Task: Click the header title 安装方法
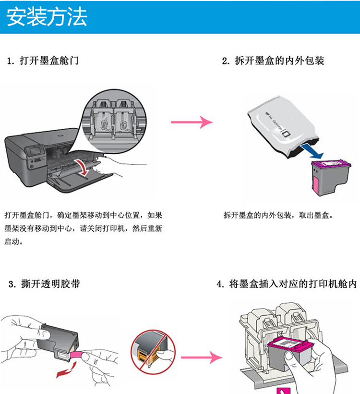click(47, 17)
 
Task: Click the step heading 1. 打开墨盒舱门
click(43, 61)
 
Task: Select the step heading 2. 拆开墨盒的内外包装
click(273, 61)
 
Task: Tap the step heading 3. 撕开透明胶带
click(44, 284)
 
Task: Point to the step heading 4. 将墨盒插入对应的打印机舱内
click(287, 284)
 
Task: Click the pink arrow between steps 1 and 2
click(192, 122)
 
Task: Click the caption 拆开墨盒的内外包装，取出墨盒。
click(278, 215)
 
